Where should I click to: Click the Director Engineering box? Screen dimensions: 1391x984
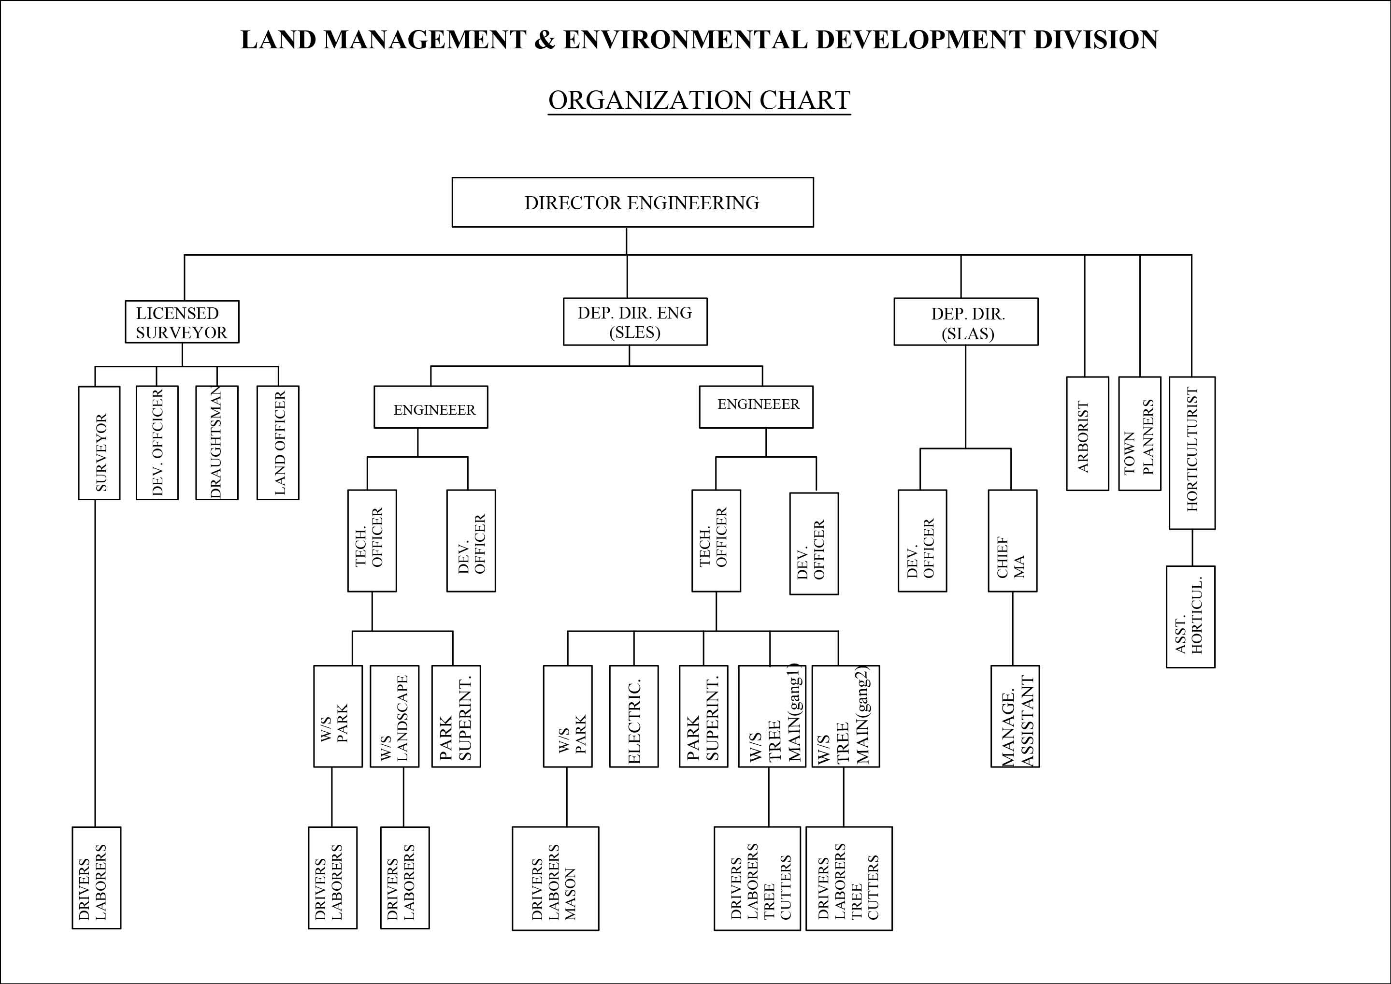click(x=632, y=203)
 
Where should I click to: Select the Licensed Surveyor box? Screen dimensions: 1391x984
click(x=182, y=322)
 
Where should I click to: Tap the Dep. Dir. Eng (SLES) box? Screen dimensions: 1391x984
click(x=635, y=322)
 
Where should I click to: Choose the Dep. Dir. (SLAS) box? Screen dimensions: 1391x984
click(x=966, y=322)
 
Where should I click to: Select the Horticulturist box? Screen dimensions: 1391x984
click(x=1191, y=453)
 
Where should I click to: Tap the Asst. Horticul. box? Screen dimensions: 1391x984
click(x=1190, y=617)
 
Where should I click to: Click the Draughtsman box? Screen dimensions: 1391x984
click(x=217, y=442)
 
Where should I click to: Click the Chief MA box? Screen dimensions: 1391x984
click(x=1012, y=540)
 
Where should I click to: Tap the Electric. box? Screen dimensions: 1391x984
click(x=634, y=716)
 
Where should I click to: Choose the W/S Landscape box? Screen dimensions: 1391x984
click(x=394, y=716)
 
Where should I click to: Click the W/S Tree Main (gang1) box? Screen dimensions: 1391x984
click(x=772, y=716)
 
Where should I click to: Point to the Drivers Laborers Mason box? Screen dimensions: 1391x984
click(x=556, y=878)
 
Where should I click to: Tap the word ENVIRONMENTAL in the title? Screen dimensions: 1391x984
click(x=685, y=40)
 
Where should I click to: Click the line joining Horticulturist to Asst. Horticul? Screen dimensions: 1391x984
click(x=1192, y=548)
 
